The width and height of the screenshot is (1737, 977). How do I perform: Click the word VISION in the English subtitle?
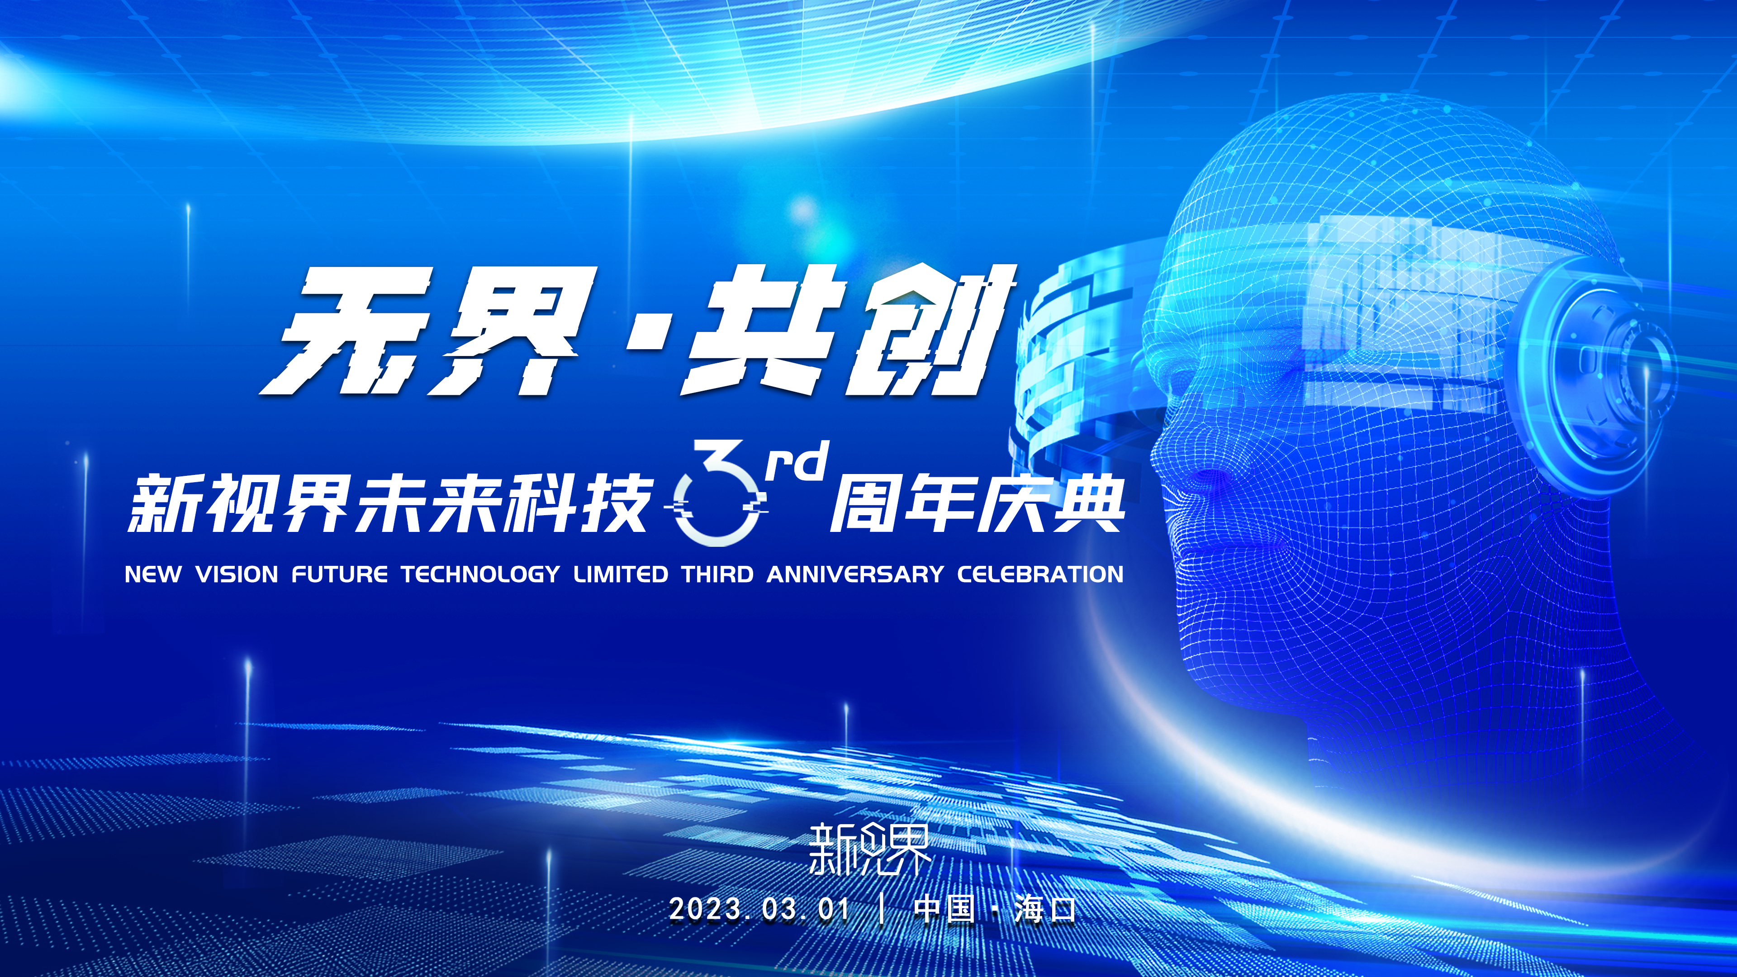pyautogui.click(x=237, y=574)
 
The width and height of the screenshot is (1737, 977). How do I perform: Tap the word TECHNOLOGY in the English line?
pyautogui.click(x=480, y=574)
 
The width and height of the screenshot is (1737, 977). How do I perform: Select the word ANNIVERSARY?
pyautogui.click(x=855, y=574)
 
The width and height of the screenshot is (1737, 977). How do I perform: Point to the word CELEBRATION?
pyautogui.click(x=1040, y=574)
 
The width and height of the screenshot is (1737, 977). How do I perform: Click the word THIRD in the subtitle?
pyautogui.click(x=717, y=574)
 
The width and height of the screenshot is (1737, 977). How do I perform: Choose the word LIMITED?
pyautogui.click(x=621, y=574)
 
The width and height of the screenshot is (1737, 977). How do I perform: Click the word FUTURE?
pyautogui.click(x=340, y=574)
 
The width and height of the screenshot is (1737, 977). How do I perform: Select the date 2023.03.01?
pyautogui.click(x=759, y=909)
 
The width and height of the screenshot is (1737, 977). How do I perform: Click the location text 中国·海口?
pyautogui.click(x=995, y=909)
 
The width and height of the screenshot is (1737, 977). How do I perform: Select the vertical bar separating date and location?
pyautogui.click(x=882, y=909)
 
